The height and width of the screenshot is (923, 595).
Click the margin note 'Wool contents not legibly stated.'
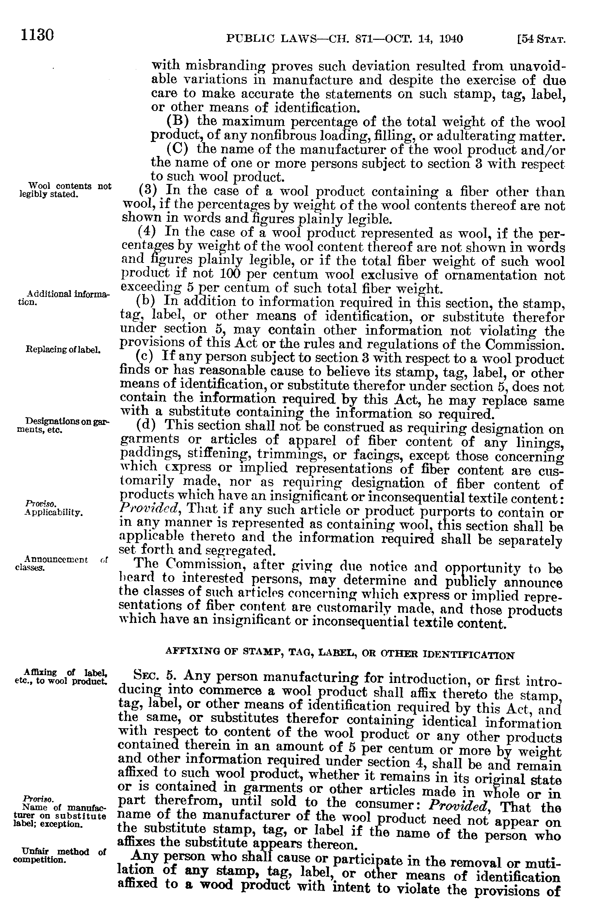click(x=65, y=190)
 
